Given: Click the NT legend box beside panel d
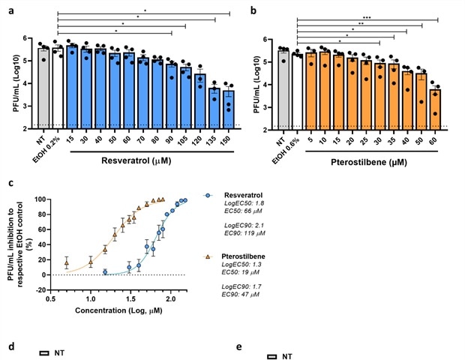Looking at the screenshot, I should [x=45, y=351].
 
